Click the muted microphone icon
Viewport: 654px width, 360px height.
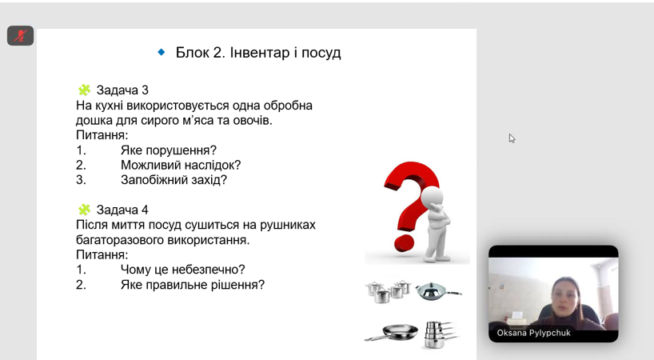[20, 36]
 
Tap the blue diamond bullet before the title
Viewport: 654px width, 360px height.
[162, 52]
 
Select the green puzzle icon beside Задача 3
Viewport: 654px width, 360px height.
[84, 90]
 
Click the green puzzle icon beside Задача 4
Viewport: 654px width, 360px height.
[84, 210]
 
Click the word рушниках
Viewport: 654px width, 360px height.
[288, 225]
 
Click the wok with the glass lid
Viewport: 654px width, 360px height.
[438, 290]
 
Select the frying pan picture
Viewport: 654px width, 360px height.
[391, 333]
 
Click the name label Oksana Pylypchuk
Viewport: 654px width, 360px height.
[533, 334]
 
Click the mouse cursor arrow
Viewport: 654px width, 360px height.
[512, 138]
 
